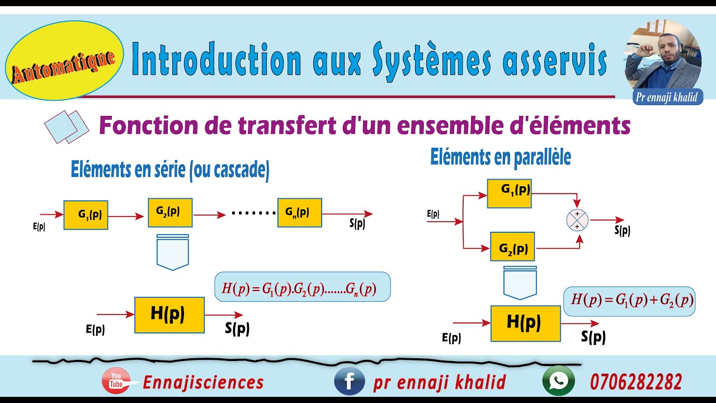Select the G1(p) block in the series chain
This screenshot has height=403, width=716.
pos(86,214)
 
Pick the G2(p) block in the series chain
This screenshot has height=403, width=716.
pos(170,213)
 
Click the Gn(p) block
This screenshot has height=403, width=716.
pos(299,213)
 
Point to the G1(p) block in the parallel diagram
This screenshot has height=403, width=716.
pos(509,194)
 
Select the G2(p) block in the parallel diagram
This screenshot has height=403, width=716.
pos(512,246)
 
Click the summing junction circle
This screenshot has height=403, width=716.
pos(578,220)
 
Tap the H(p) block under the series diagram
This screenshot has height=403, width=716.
pos(169,315)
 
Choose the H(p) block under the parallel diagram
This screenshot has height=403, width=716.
pos(525,324)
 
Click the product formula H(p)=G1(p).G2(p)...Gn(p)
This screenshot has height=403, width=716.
pos(302,288)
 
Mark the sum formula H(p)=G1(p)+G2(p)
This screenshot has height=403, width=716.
pos(629,301)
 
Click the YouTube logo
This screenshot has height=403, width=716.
pos(116,382)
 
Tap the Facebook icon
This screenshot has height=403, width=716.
pos(349,382)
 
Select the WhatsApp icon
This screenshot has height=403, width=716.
pos(558,382)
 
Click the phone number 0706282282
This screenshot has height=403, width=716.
pos(635,383)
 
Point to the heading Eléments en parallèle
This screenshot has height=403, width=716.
pos(500,157)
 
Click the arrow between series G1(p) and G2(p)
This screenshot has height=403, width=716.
pos(128,215)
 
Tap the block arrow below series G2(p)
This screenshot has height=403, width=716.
pos(173,253)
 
